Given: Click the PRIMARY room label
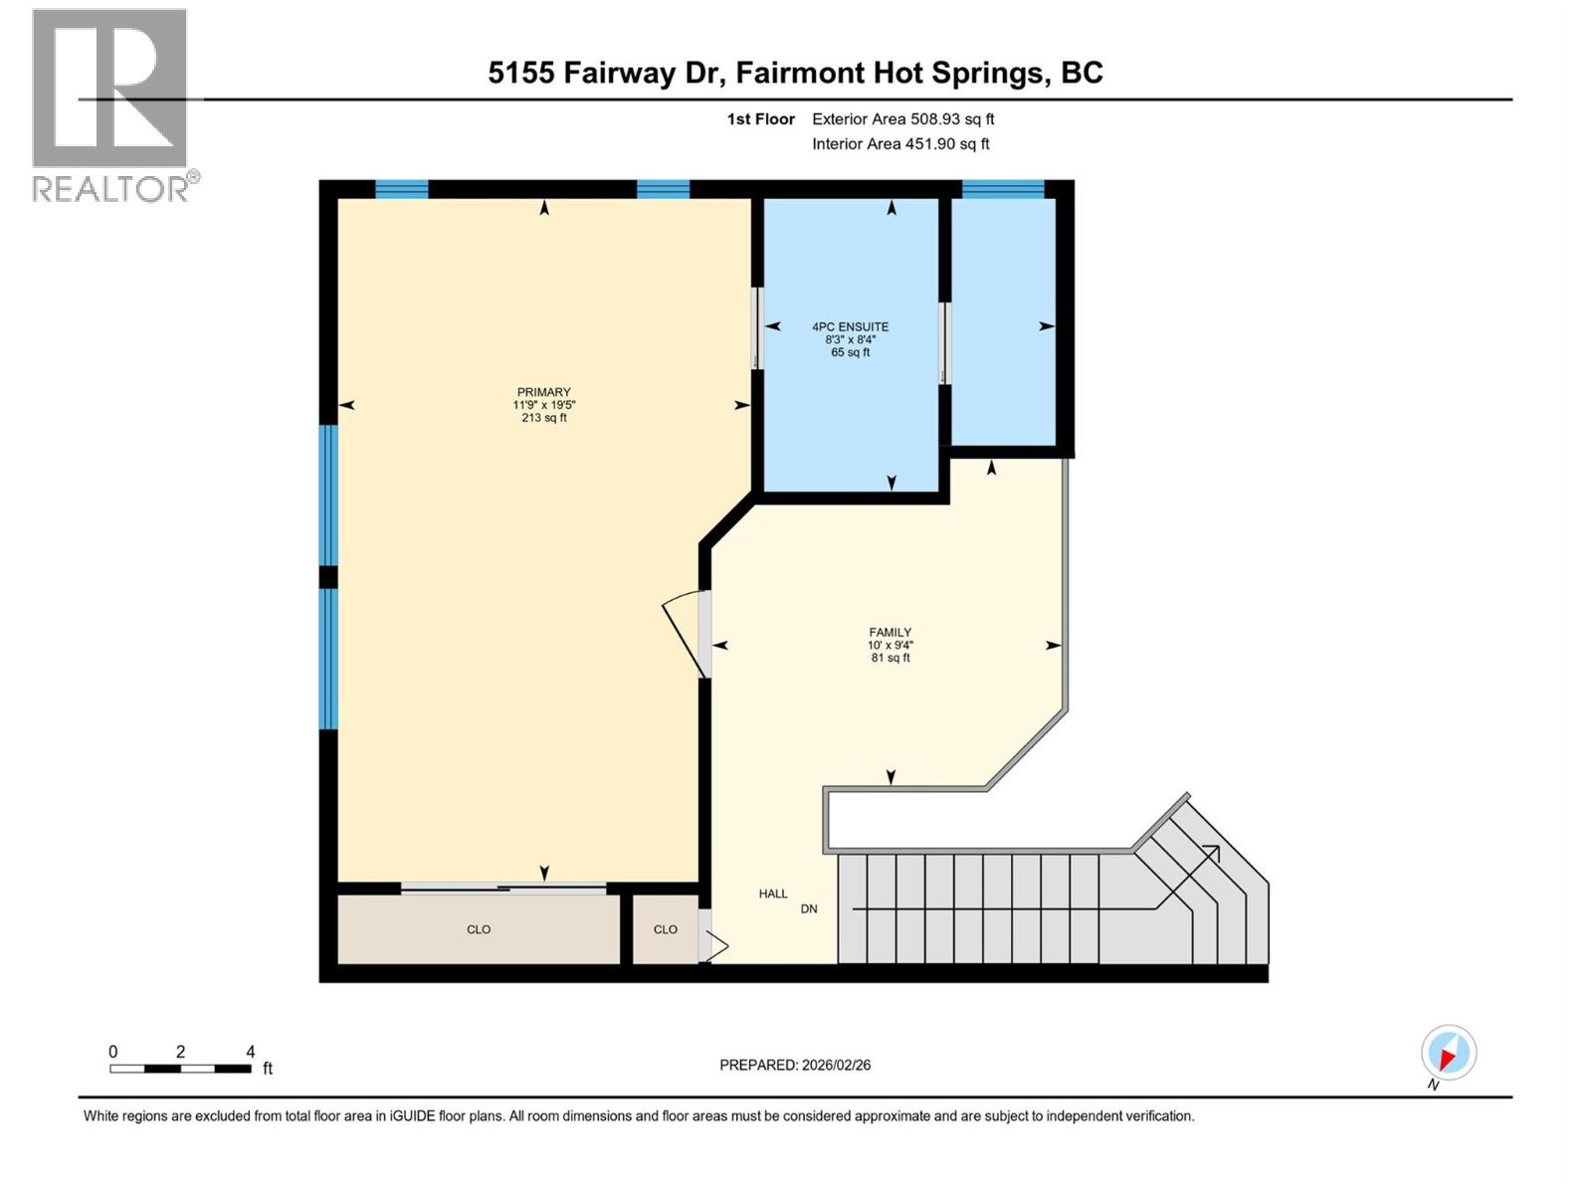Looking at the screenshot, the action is point(543,392).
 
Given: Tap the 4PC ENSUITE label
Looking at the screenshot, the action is point(850,327).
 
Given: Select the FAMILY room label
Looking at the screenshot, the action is point(890,632).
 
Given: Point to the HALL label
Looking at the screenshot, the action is point(773,894).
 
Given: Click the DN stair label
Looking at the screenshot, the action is point(809,909).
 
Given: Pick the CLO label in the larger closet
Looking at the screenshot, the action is point(479,929).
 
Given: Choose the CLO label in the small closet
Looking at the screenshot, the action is point(665,929).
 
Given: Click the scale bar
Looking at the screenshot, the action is point(181,1069).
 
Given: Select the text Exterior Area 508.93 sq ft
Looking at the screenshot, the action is point(903,119).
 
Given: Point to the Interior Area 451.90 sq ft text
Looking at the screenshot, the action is point(900,144).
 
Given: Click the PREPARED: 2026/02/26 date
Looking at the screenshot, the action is point(795,1065).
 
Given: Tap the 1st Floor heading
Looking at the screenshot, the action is point(761,119).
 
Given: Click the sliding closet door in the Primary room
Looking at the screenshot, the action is point(503,888).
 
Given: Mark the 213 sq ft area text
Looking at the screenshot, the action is point(544,418).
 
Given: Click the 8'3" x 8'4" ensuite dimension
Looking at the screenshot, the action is point(850,339).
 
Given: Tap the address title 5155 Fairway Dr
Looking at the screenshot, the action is point(606,74).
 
